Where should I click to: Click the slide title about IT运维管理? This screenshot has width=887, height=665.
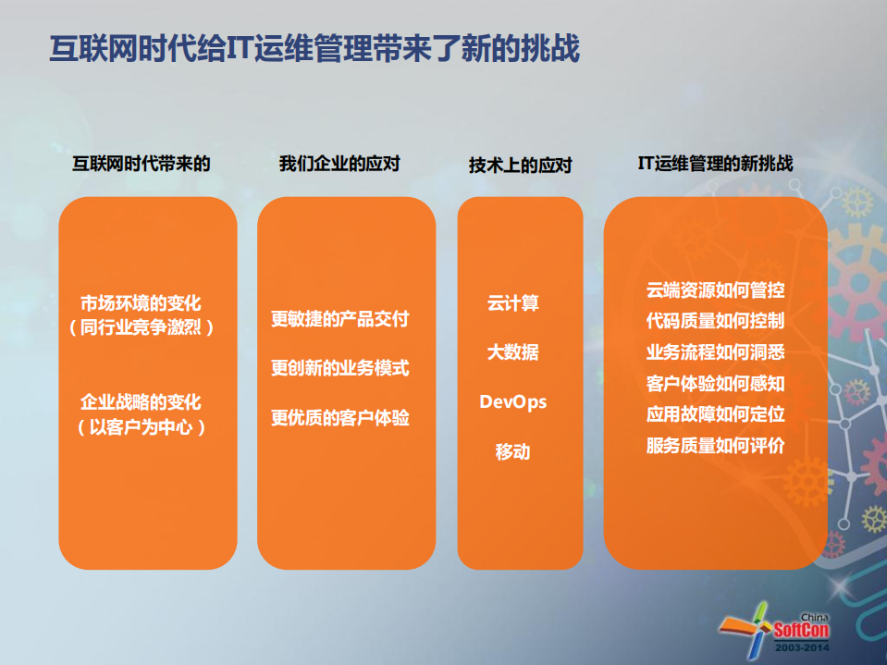[314, 49]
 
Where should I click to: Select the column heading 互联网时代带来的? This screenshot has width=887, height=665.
[142, 165]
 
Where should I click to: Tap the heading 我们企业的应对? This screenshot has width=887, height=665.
[339, 164]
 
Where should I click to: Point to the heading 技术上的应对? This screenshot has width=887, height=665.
[520, 166]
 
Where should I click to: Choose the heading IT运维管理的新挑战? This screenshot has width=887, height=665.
[715, 164]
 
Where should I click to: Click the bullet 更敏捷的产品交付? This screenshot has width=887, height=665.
[339, 319]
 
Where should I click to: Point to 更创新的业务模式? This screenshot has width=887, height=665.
[339, 368]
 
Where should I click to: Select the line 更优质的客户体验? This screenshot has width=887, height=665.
[339, 418]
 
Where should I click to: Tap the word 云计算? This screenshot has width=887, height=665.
[513, 302]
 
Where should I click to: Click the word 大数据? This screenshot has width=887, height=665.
[513, 352]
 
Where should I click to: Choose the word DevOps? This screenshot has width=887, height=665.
[513, 402]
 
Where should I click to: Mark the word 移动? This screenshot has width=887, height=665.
[513, 452]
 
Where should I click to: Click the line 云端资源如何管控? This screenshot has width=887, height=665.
[716, 290]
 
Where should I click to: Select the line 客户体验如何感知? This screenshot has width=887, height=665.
[716, 383]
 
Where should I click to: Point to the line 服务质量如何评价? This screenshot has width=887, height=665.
[716, 446]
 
